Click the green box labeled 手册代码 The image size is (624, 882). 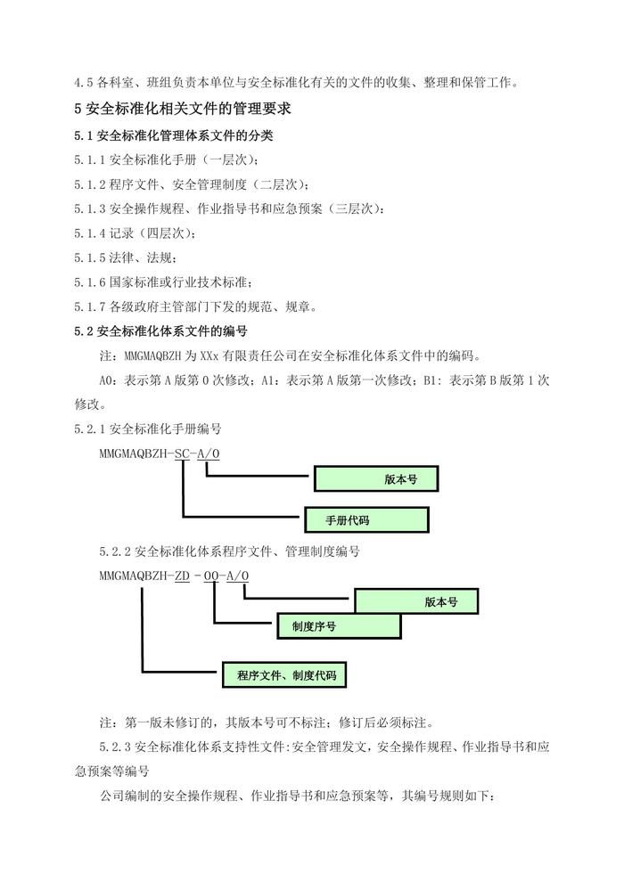[366, 519]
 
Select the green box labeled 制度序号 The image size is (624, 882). [339, 626]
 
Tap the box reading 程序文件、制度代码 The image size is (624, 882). [284, 675]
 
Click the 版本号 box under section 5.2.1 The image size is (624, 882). [376, 478]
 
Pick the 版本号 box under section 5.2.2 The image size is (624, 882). [416, 601]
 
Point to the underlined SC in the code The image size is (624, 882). [183, 453]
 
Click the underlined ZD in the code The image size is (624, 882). [183, 576]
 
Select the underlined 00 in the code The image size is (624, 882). [211, 576]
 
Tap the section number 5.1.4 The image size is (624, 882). [89, 233]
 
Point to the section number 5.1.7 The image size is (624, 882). [89, 306]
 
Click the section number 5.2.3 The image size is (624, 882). [115, 747]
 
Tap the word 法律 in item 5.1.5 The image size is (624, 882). [121, 257]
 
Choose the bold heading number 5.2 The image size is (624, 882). [83, 331]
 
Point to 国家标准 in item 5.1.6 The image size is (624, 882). [134, 282]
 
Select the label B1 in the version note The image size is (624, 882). [430, 380]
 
